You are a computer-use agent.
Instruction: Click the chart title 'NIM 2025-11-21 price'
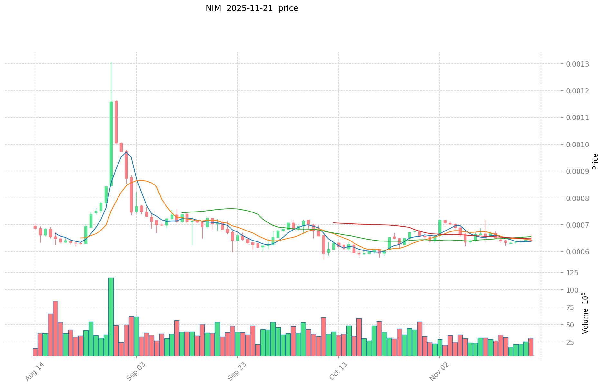252,8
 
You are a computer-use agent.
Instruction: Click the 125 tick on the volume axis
574,273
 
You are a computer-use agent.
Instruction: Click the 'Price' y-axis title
595,162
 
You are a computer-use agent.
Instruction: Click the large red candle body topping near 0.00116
116,122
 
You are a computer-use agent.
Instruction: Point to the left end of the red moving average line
334,223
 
